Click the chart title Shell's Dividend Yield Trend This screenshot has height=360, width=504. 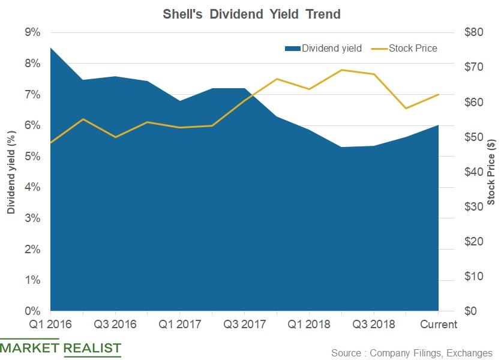251,14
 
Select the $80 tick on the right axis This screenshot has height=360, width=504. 474,32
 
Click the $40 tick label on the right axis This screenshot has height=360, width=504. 474,172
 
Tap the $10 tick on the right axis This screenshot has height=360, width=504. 474,277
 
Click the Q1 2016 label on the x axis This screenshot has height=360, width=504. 50,325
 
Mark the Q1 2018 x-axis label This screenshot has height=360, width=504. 310,325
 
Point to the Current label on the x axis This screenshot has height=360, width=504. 439,325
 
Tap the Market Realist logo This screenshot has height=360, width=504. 61,348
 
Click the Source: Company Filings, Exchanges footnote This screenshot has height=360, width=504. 412,353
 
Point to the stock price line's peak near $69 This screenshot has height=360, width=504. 341,70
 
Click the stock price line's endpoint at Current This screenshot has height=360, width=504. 439,94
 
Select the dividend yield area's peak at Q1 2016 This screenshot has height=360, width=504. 50,47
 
